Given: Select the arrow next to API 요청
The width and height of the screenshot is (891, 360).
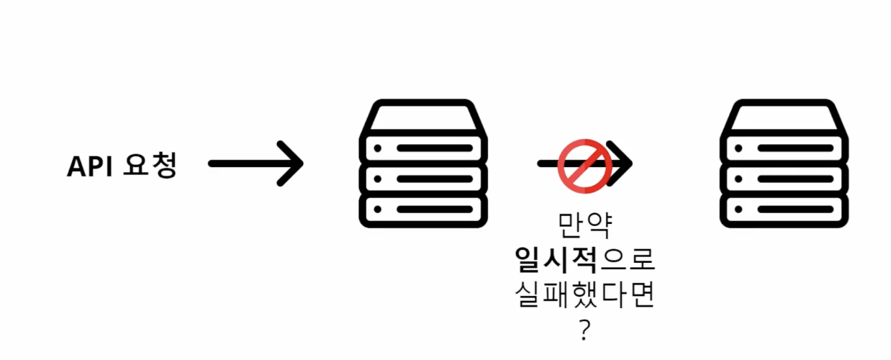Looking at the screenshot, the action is click(x=255, y=164).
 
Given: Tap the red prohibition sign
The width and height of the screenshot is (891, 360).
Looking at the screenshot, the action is click(x=585, y=166).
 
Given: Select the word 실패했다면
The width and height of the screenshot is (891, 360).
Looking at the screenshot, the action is click(x=585, y=296).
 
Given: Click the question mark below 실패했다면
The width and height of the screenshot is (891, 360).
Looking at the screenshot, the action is click(x=584, y=330).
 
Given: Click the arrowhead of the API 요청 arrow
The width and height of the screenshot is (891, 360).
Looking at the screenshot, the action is click(x=292, y=164).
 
